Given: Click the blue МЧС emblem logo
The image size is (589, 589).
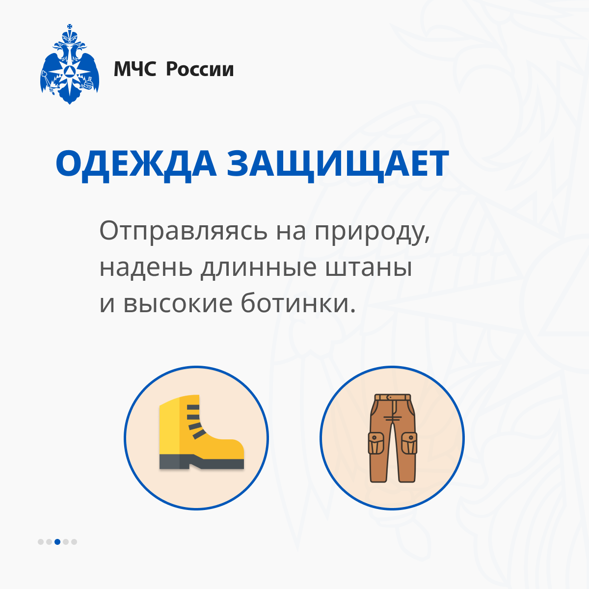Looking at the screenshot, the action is click(70, 64).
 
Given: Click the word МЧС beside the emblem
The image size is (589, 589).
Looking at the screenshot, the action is click(135, 69).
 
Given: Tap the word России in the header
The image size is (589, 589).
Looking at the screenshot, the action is click(200, 69).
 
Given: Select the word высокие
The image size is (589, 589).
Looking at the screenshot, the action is click(178, 304).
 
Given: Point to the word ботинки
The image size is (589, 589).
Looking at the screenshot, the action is click(298, 303).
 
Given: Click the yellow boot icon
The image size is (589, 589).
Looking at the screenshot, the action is click(201, 432).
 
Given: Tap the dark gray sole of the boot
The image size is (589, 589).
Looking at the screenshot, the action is click(201, 462).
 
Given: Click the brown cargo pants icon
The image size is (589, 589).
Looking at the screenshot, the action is click(393, 438).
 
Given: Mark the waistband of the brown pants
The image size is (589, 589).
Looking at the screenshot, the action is click(393, 397).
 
